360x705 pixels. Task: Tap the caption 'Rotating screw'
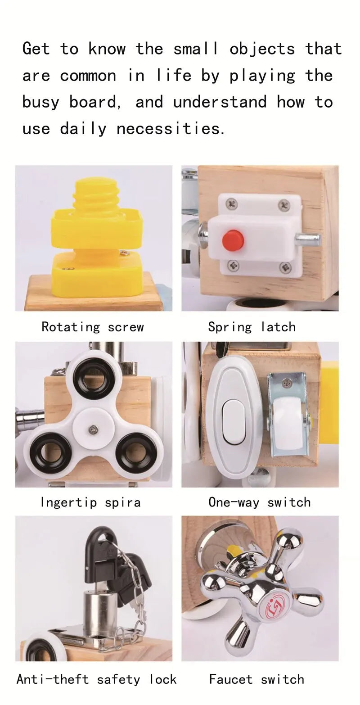click(93, 327)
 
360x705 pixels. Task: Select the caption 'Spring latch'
click(252, 327)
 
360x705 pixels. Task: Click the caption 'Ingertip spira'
click(90, 502)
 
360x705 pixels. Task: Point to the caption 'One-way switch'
click(260, 502)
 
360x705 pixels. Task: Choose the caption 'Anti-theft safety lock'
click(96, 679)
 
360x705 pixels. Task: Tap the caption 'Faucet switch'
click(256, 679)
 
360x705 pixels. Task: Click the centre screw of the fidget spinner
click(93, 429)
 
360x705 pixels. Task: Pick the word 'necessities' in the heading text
click(170, 129)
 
